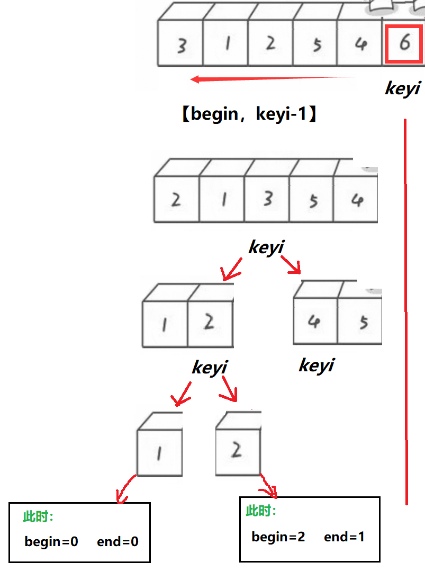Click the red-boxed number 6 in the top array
point(404,43)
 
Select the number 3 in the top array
point(182,46)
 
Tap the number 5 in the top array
point(317,45)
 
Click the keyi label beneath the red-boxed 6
point(402,88)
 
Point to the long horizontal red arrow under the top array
point(272,79)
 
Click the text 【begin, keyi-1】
point(249,114)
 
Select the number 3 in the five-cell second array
point(268,199)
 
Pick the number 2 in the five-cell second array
point(176,200)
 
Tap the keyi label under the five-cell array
point(266,247)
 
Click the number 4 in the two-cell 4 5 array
point(314,322)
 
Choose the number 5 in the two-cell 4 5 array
point(364,322)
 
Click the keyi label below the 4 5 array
point(317,365)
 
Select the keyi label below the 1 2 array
point(209,367)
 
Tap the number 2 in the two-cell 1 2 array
point(209,322)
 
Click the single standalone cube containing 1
point(159,450)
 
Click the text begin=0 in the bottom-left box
point(51,541)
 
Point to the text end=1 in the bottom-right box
point(344,537)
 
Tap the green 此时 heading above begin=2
point(261,511)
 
